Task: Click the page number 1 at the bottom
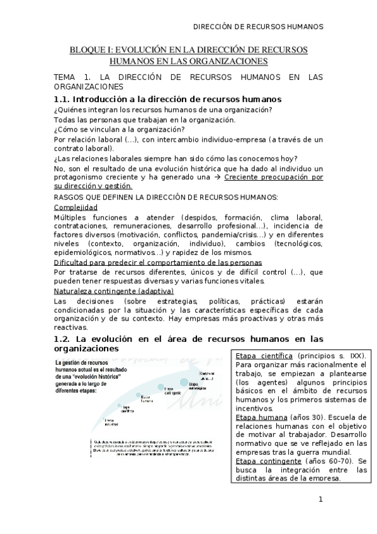[x=320, y=500]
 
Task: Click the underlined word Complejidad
[x=76, y=207]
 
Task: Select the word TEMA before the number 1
[x=65, y=77]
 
